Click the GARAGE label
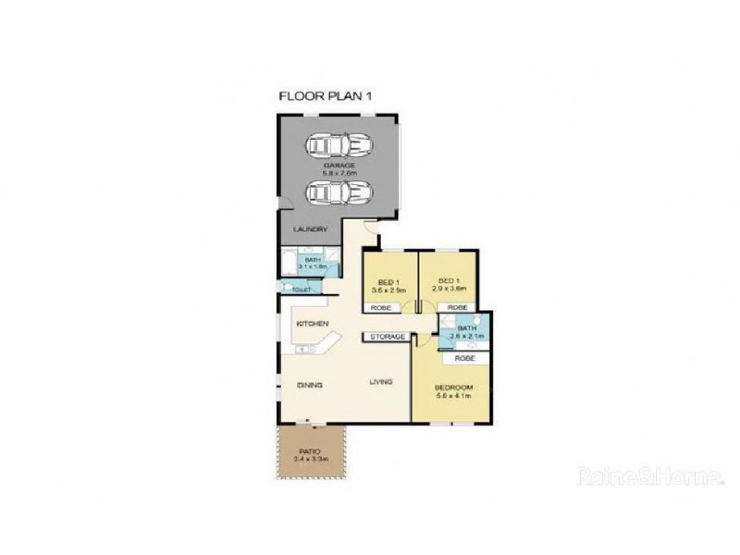pyautogui.click(x=338, y=165)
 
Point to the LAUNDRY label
pyautogui.click(x=309, y=230)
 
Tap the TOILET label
pyautogui.click(x=302, y=290)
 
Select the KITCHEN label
pyautogui.click(x=313, y=324)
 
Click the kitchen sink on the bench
pyautogui.click(x=304, y=350)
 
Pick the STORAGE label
pyautogui.click(x=388, y=337)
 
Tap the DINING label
pyautogui.click(x=309, y=384)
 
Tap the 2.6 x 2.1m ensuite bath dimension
pyautogui.click(x=466, y=337)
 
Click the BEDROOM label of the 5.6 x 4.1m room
pyautogui.click(x=454, y=386)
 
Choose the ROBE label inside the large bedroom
pyautogui.click(x=464, y=357)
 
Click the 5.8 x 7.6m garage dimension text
pyautogui.click(x=339, y=172)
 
